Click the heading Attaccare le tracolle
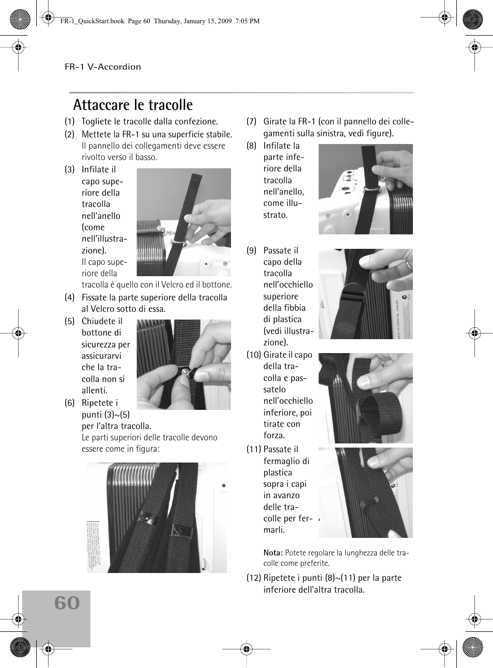click(133, 105)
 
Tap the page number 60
click(67, 603)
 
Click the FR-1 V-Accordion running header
click(103, 67)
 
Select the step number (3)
click(70, 169)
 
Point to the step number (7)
click(252, 121)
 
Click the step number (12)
click(253, 578)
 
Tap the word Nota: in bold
click(273, 553)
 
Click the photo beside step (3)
click(183, 222)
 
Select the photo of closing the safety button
click(183, 364)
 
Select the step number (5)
click(70, 321)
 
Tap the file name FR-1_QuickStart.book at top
click(92, 21)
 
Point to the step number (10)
click(253, 355)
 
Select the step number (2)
click(70, 134)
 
